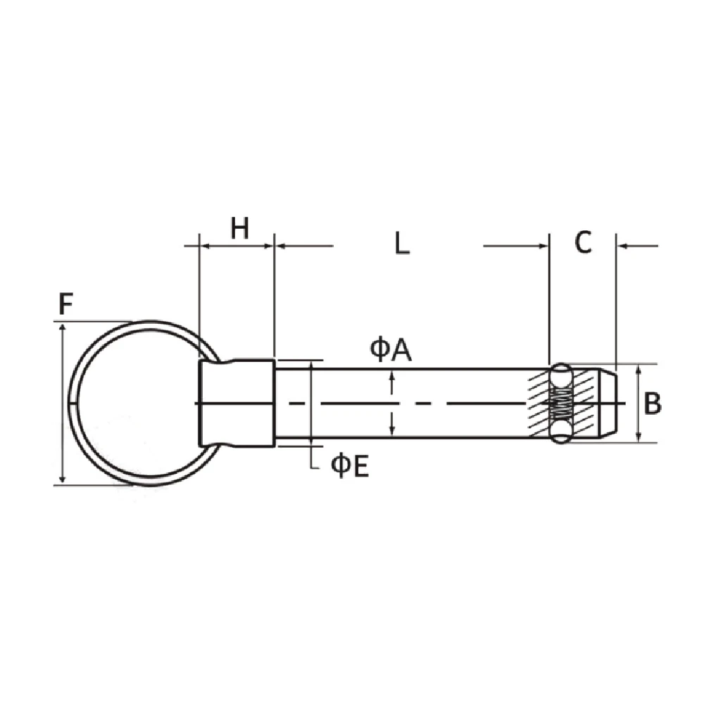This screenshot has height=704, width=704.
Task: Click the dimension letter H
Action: (x=240, y=228)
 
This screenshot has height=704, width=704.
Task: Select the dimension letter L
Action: (x=402, y=244)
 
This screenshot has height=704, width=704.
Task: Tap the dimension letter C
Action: (x=583, y=242)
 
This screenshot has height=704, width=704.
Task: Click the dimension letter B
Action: (x=652, y=403)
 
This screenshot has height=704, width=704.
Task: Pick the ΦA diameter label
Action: (x=391, y=351)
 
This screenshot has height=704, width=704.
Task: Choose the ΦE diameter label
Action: (x=350, y=466)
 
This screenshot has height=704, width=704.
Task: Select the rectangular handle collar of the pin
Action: (x=237, y=403)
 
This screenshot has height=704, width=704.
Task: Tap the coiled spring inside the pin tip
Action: (x=561, y=403)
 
